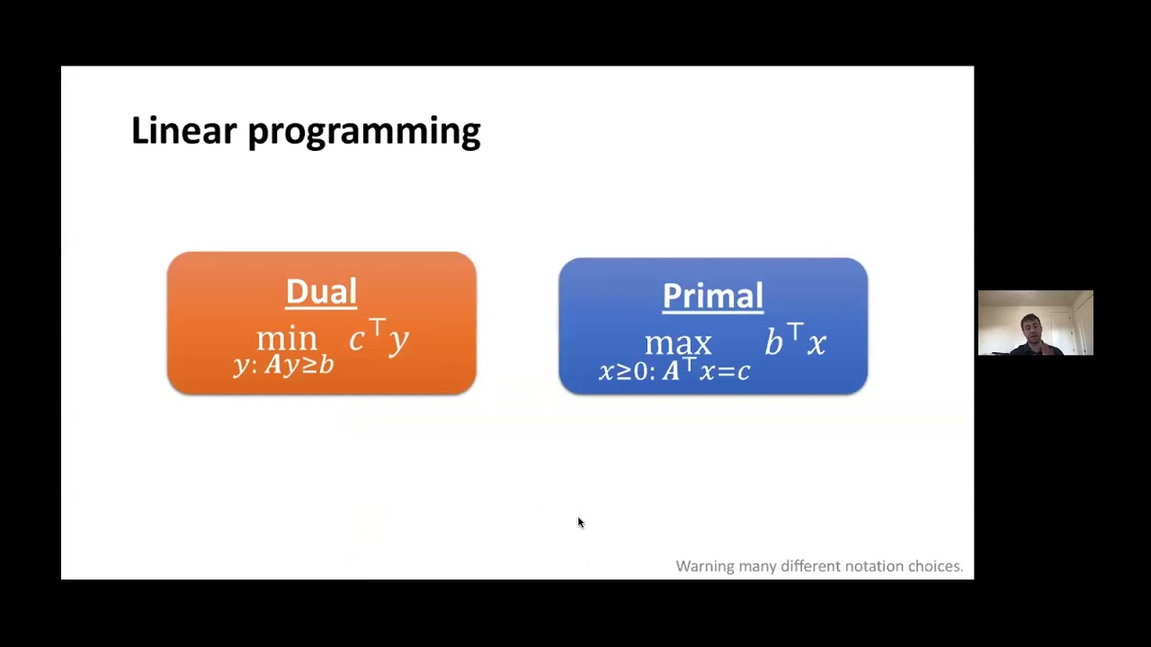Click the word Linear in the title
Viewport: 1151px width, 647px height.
pos(183,130)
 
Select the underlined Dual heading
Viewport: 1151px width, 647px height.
pos(321,291)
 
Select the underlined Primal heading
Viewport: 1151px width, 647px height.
pos(712,296)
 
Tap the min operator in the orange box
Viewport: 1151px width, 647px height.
pos(287,339)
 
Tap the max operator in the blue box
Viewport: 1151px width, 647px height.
pos(678,343)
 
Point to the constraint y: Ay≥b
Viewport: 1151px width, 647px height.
pos(283,365)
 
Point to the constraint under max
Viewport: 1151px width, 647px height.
pos(674,370)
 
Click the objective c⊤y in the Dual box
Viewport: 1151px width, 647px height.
pos(379,338)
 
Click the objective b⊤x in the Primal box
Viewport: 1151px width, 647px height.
pos(795,341)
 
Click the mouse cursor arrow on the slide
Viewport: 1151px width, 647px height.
pos(580,522)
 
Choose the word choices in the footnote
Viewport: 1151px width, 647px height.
pos(934,566)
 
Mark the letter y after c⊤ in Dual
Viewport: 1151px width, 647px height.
pos(398,340)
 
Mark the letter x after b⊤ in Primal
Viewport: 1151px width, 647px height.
pos(816,343)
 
